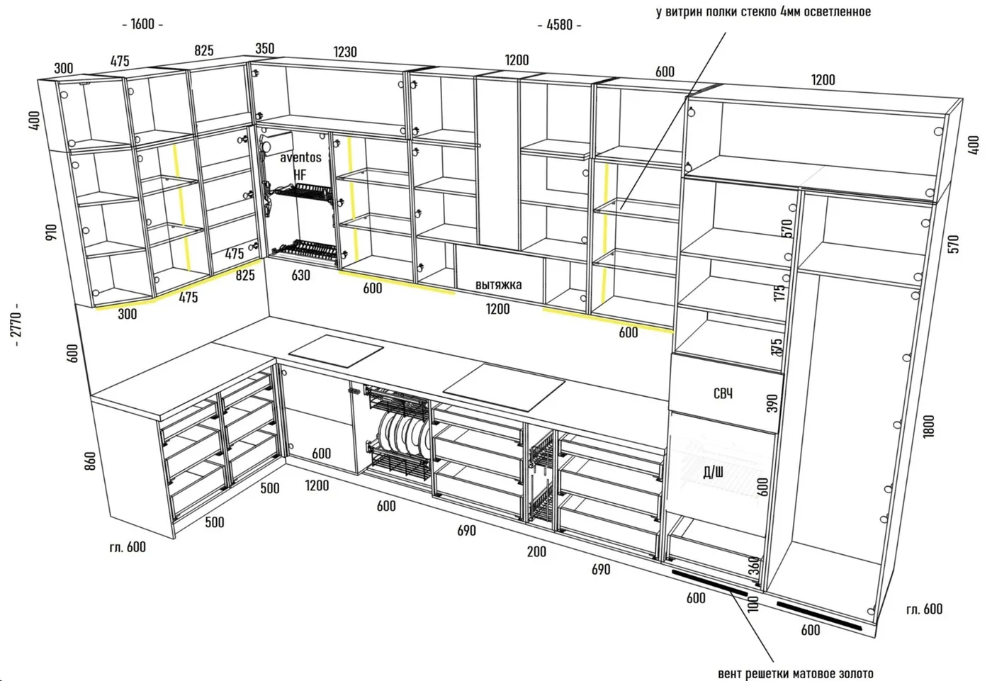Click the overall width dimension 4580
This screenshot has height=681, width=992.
(559, 25)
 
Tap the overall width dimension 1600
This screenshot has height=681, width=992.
(142, 24)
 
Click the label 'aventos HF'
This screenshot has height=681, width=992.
(300, 166)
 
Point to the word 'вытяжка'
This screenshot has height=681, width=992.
(498, 284)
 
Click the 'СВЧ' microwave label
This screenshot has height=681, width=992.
(723, 393)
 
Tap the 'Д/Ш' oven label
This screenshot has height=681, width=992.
(714, 473)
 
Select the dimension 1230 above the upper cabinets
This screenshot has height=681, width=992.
(345, 52)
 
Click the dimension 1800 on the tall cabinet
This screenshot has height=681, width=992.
(929, 427)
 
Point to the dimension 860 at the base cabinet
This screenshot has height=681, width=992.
(89, 461)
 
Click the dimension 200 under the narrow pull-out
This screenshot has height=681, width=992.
(536, 551)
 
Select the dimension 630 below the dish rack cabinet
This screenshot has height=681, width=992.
(300, 275)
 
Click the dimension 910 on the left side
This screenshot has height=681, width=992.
(51, 232)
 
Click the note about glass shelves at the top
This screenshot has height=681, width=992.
(764, 11)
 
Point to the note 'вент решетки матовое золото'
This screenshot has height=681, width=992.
(795, 673)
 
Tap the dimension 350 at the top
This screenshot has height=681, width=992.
(265, 48)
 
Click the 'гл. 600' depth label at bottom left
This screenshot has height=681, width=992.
(128, 547)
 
